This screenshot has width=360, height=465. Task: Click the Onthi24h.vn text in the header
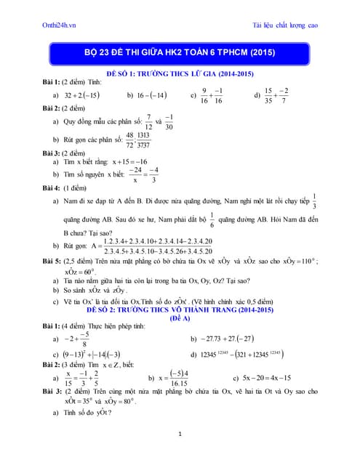(61, 25)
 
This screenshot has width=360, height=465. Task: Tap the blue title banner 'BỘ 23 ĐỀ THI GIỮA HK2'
(180, 54)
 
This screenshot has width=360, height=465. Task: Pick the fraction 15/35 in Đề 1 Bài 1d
(268, 95)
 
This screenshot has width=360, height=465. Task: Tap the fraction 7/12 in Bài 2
(148, 121)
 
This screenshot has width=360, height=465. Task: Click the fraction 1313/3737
(143, 139)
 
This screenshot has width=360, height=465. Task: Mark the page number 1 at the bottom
(180, 434)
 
